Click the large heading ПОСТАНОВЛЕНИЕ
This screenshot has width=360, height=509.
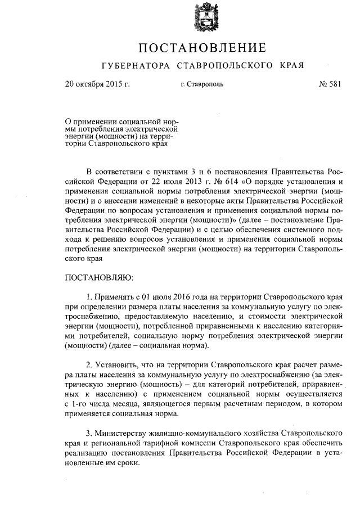[202, 47]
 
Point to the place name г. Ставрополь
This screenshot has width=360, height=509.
[202, 85]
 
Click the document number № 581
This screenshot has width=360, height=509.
[329, 84]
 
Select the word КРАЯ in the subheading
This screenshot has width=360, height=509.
[291, 66]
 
